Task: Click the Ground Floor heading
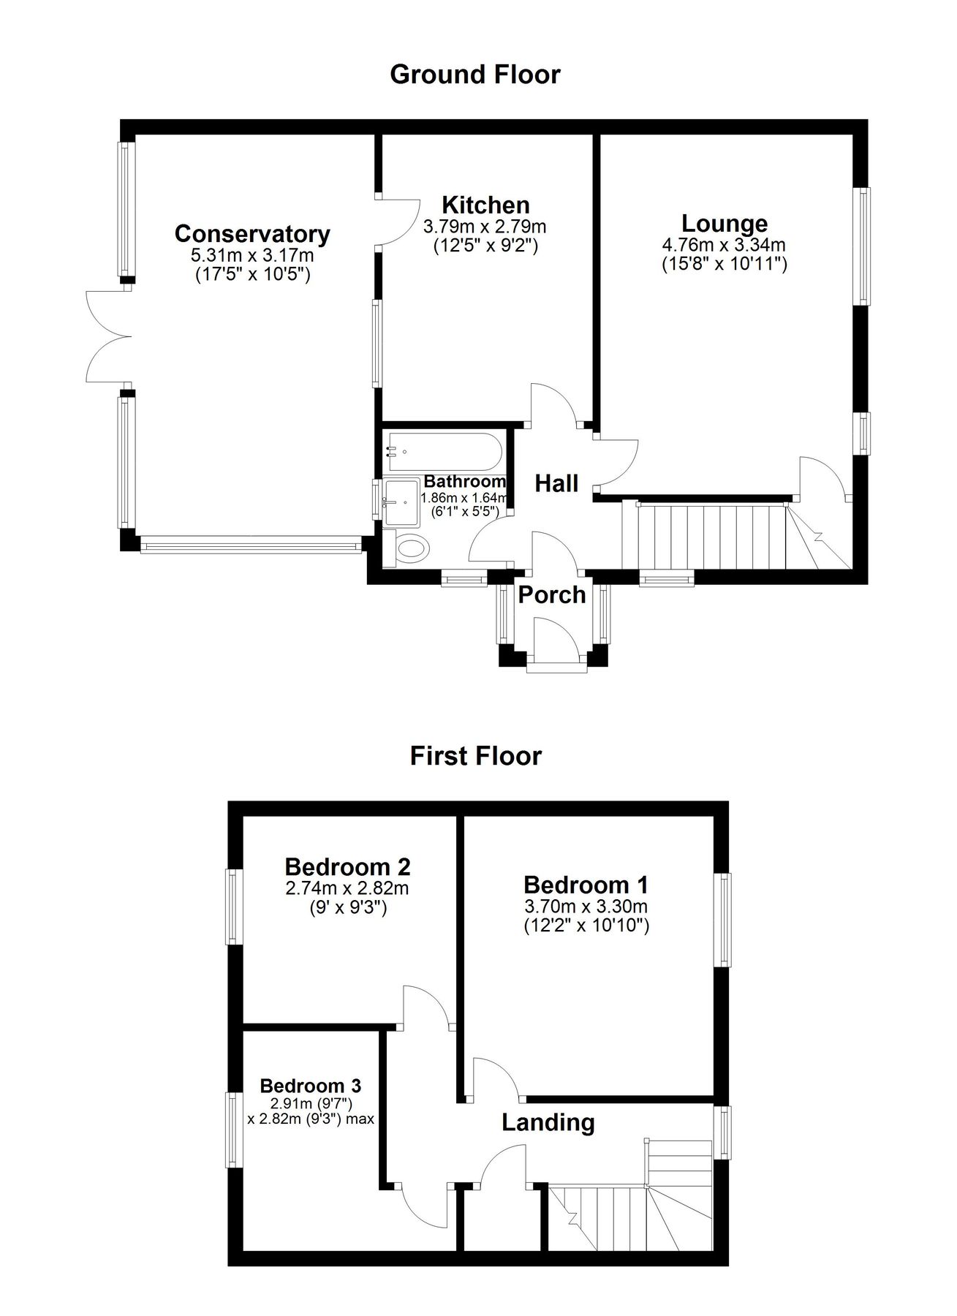pyautogui.click(x=475, y=75)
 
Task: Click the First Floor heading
pyautogui.click(x=475, y=755)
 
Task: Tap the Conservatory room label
pyautogui.click(x=252, y=234)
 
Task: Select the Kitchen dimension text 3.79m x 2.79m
pyautogui.click(x=485, y=227)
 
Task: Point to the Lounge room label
pyautogui.click(x=724, y=223)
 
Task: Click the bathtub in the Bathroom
pyautogui.click(x=444, y=453)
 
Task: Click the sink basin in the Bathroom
pyautogui.click(x=401, y=502)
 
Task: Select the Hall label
pyautogui.click(x=556, y=483)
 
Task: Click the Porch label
pyautogui.click(x=552, y=595)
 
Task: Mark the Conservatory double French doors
pyautogui.click(x=108, y=336)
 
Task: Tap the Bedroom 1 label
pyautogui.click(x=586, y=885)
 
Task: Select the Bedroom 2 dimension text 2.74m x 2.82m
pyautogui.click(x=347, y=888)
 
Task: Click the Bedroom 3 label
pyautogui.click(x=310, y=1086)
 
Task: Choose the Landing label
pyautogui.click(x=548, y=1122)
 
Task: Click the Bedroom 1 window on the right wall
pyautogui.click(x=722, y=920)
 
